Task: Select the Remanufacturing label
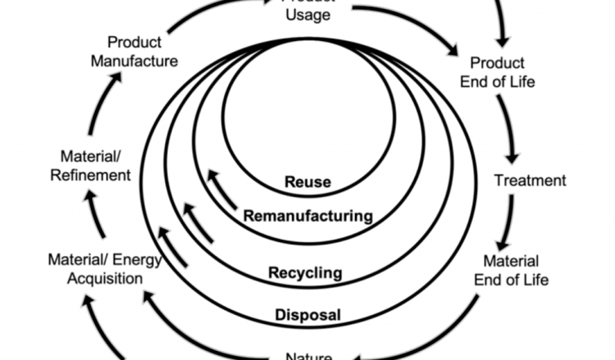308,217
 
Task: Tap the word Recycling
305,272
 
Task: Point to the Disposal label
307,313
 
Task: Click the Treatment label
530,180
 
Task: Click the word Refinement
96,174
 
